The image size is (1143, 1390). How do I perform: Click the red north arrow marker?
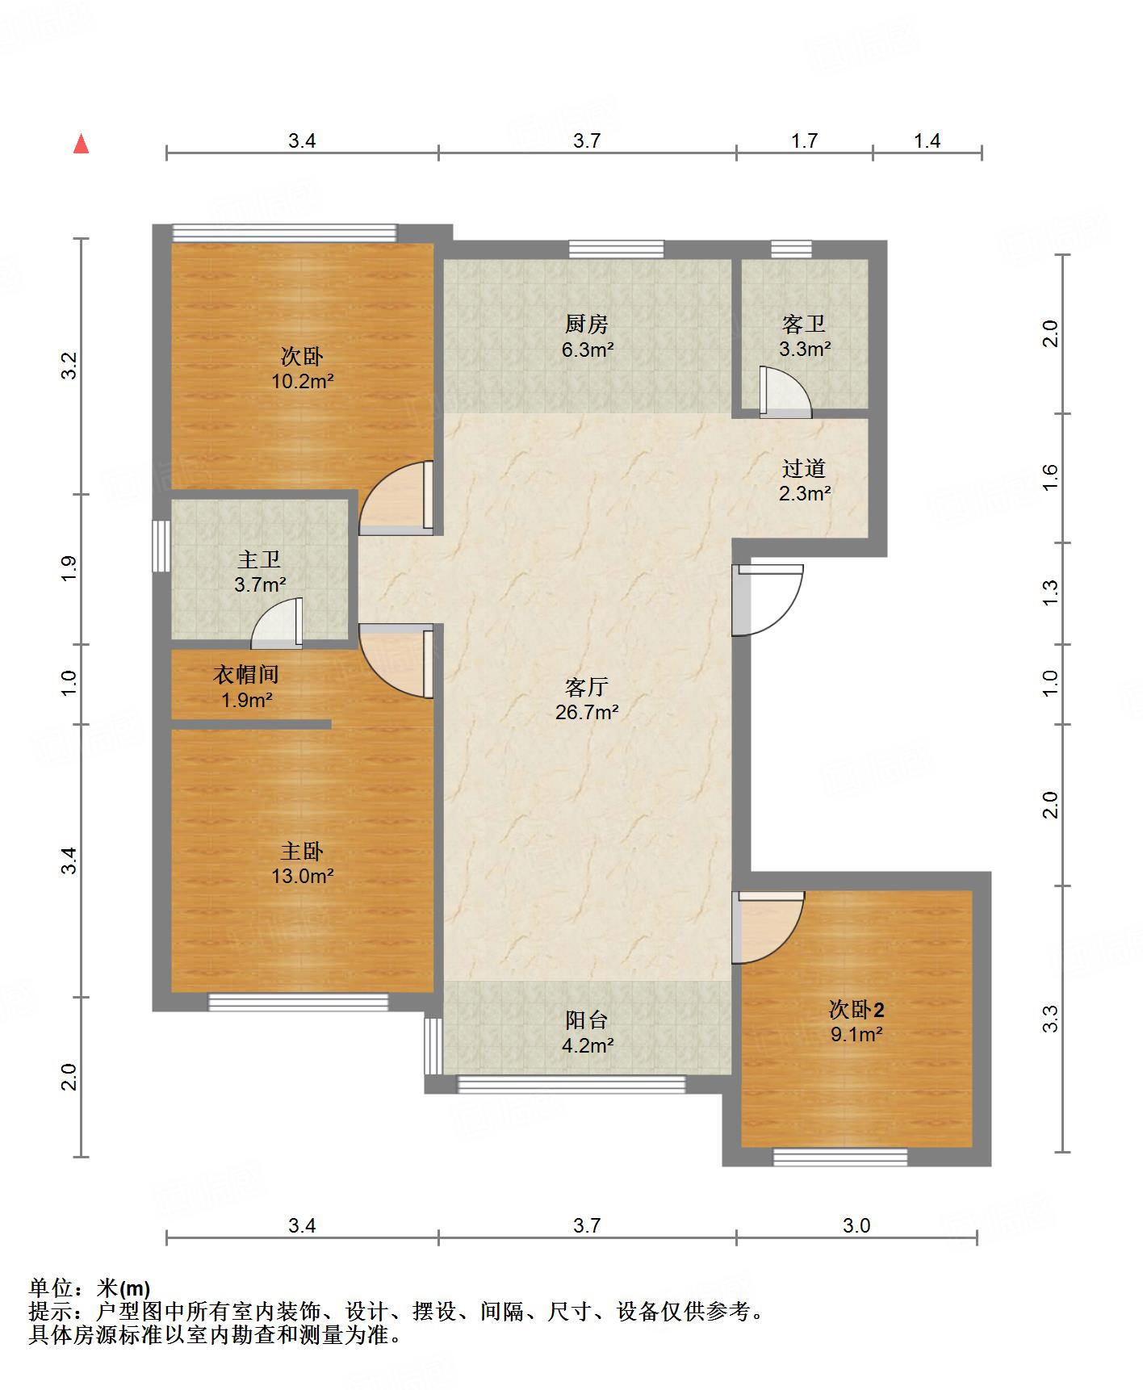click(x=81, y=144)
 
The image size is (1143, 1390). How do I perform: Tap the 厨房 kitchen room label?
click(x=587, y=324)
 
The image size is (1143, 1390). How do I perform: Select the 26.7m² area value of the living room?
click(x=587, y=712)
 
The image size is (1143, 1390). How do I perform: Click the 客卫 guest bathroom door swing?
click(x=785, y=392)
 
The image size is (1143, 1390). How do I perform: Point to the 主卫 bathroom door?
click(x=277, y=623)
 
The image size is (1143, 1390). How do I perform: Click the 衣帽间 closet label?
click(x=246, y=674)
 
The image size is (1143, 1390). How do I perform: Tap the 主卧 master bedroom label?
click(x=302, y=851)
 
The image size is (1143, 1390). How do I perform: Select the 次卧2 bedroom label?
click(x=856, y=1009)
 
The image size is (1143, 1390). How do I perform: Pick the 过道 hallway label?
click(x=804, y=468)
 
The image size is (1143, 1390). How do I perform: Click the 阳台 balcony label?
click(x=587, y=1020)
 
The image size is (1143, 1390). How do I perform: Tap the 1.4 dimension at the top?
click(x=927, y=141)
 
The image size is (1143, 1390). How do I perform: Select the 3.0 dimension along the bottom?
click(x=856, y=1226)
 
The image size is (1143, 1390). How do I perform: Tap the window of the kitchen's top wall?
click(x=617, y=249)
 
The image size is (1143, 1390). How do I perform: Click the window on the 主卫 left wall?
click(x=162, y=546)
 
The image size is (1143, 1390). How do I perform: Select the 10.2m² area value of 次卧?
click(x=302, y=381)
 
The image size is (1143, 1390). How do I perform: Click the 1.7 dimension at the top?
click(x=804, y=141)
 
